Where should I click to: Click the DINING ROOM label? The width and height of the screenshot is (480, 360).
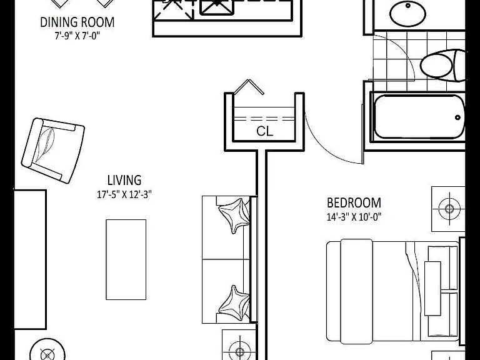coord(77,22)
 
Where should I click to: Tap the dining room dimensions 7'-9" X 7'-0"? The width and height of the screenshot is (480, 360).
coord(77,36)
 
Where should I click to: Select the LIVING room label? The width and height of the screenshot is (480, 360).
coord(124,180)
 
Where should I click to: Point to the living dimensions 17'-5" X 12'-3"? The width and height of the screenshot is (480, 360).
coord(124,194)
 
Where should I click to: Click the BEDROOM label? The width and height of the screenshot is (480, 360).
coord(354,203)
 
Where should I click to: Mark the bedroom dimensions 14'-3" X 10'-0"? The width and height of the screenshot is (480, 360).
coord(354,217)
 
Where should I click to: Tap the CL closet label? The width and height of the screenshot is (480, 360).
coord(264,131)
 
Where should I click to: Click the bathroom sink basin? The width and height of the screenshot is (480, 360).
coord(407,14)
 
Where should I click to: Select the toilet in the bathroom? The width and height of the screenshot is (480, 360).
coord(443,65)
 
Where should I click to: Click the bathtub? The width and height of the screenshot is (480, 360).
coord(419,117)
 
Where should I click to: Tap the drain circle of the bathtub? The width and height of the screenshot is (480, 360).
coord(457,117)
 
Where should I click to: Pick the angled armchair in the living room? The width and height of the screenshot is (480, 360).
coord(53,151)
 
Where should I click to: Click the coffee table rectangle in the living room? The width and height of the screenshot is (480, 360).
coord(126,259)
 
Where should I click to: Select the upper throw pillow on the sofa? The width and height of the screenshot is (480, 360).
coord(234,216)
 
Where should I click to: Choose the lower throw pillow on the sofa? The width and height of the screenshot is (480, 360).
coord(234,302)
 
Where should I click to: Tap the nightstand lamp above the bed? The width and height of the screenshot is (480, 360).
coord(449,209)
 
